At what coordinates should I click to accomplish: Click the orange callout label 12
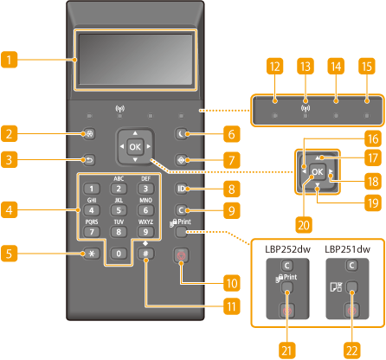pos(274,67)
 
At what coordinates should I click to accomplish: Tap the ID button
pos(181,189)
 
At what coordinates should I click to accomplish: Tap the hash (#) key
pos(145,254)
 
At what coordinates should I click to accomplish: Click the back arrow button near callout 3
pos(89,160)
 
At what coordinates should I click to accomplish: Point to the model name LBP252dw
pos(287,249)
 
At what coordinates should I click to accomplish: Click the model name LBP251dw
pos(347,249)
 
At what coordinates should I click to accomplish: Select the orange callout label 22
pos(352,350)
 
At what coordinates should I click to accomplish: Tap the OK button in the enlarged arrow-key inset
pos(318,171)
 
